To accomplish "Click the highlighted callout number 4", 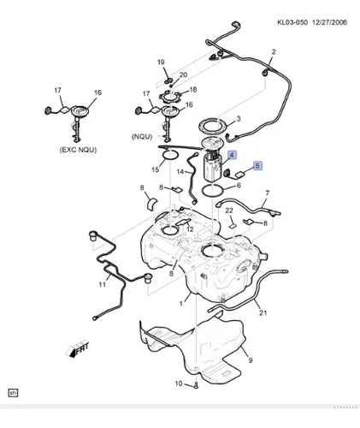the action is pyautogui.click(x=232, y=155).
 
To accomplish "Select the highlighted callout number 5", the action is pyautogui.click(x=257, y=165).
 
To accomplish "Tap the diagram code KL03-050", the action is pyautogui.click(x=292, y=22).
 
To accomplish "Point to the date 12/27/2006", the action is pyautogui.click(x=329, y=22).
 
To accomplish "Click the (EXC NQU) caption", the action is pyautogui.click(x=78, y=150).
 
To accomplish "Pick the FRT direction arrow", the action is pyautogui.click(x=78, y=349).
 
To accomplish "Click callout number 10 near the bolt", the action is pyautogui.click(x=179, y=383).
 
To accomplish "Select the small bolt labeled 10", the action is pyautogui.click(x=197, y=385).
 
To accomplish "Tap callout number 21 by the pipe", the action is pyautogui.click(x=263, y=312).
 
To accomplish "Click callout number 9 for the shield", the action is pyautogui.click(x=251, y=360).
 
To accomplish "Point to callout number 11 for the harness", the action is pyautogui.click(x=103, y=284).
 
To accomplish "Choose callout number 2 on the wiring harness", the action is pyautogui.click(x=274, y=52).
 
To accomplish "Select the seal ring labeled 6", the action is pyautogui.click(x=213, y=191).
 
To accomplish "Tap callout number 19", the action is pyautogui.click(x=161, y=62).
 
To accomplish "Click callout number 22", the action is pyautogui.click(x=229, y=211).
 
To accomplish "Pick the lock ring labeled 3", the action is pyautogui.click(x=213, y=124).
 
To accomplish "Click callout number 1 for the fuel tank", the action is pyautogui.click(x=180, y=304).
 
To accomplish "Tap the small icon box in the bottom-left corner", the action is pyautogui.click(x=13, y=393).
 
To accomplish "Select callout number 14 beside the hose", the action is pyautogui.click(x=180, y=172).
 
